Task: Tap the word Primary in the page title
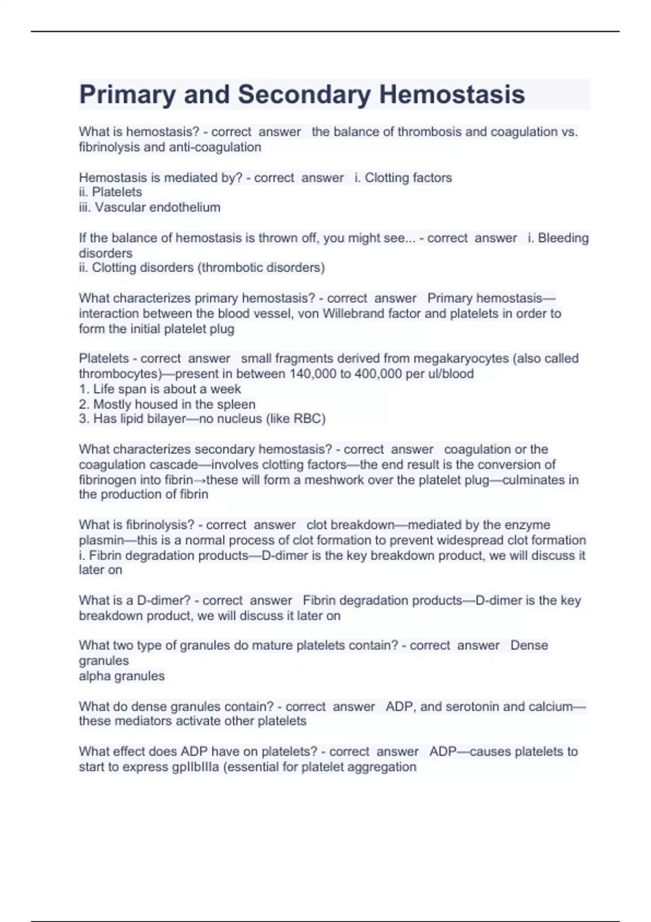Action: pos(127,94)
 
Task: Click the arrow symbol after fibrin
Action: pos(200,480)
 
